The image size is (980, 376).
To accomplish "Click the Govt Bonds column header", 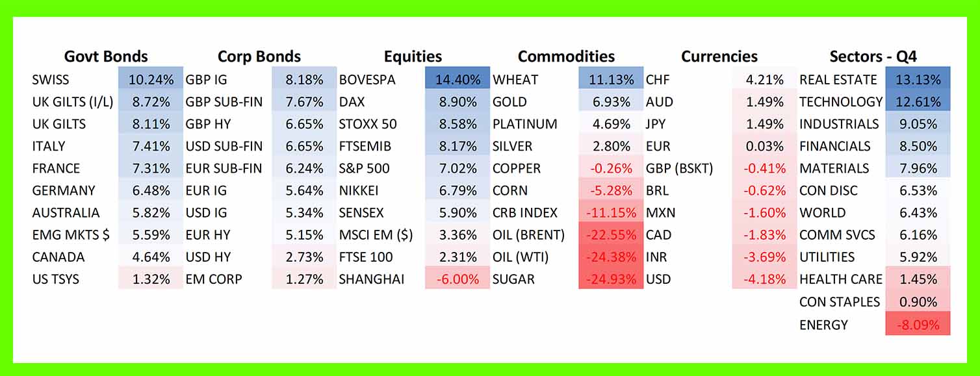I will click(x=106, y=56).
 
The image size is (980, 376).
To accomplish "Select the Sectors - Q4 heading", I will click(x=873, y=56).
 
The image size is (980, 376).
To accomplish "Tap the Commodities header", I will click(x=566, y=56).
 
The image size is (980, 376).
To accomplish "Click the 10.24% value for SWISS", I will click(x=151, y=80).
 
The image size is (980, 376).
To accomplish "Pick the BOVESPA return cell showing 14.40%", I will click(x=458, y=80).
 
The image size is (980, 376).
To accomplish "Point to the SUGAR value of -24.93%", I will click(x=610, y=279).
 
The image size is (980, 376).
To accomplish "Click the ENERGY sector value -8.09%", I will click(x=917, y=324).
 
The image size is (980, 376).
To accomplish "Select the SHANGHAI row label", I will click(x=372, y=279).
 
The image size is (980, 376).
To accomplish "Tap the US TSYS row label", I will click(x=56, y=279).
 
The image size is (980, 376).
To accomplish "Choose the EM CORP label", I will click(x=214, y=279).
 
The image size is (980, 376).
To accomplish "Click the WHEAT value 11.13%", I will click(x=610, y=80).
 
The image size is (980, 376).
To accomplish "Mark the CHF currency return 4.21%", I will click(x=764, y=80).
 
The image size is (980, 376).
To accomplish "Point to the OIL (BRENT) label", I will click(x=528, y=235).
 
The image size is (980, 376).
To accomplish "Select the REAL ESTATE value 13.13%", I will click(x=917, y=80).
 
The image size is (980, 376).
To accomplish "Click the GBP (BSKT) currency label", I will click(x=679, y=169).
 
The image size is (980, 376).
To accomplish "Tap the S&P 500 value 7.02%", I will click(x=458, y=169).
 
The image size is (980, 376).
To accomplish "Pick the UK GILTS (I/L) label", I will click(x=73, y=102).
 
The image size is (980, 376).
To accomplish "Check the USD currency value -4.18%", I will click(x=764, y=279).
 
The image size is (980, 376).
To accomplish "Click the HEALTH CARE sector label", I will click(x=841, y=279).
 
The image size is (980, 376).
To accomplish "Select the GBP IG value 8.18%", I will click(x=304, y=80).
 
